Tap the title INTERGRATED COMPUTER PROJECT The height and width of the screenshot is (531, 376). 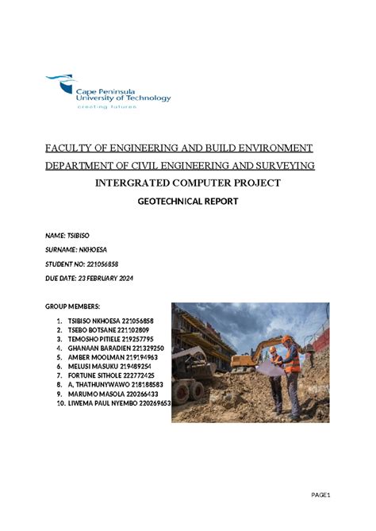187,183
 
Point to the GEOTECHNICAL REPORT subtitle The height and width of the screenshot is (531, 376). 188,202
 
